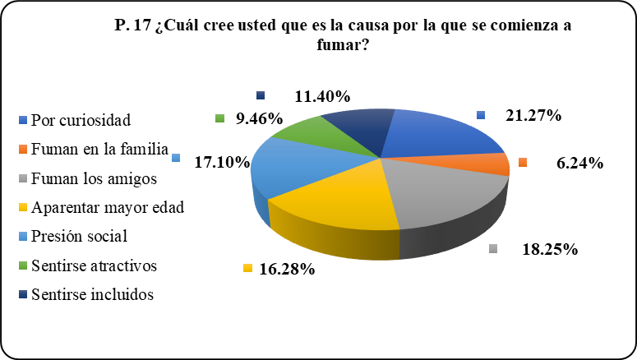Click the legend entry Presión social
(79, 237)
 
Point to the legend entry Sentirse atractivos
(94, 265)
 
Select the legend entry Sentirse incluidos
(91, 294)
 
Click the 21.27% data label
(533, 116)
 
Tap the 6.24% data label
(579, 164)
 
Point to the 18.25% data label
(549, 250)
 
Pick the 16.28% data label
(288, 269)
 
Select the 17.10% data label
(221, 163)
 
